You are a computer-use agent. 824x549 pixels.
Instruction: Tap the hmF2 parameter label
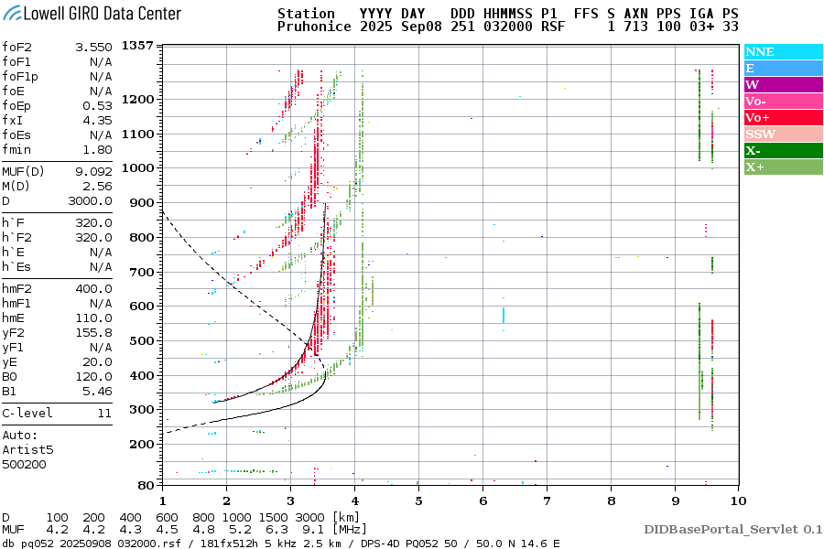coord(20,289)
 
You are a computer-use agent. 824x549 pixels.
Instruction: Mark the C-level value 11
coord(104,414)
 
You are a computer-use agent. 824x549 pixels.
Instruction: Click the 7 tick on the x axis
coord(546,500)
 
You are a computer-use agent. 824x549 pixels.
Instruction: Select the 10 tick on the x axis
coord(737,500)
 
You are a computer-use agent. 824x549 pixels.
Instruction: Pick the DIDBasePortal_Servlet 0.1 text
coord(732,529)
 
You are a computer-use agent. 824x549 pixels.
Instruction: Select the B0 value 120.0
coord(95,377)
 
